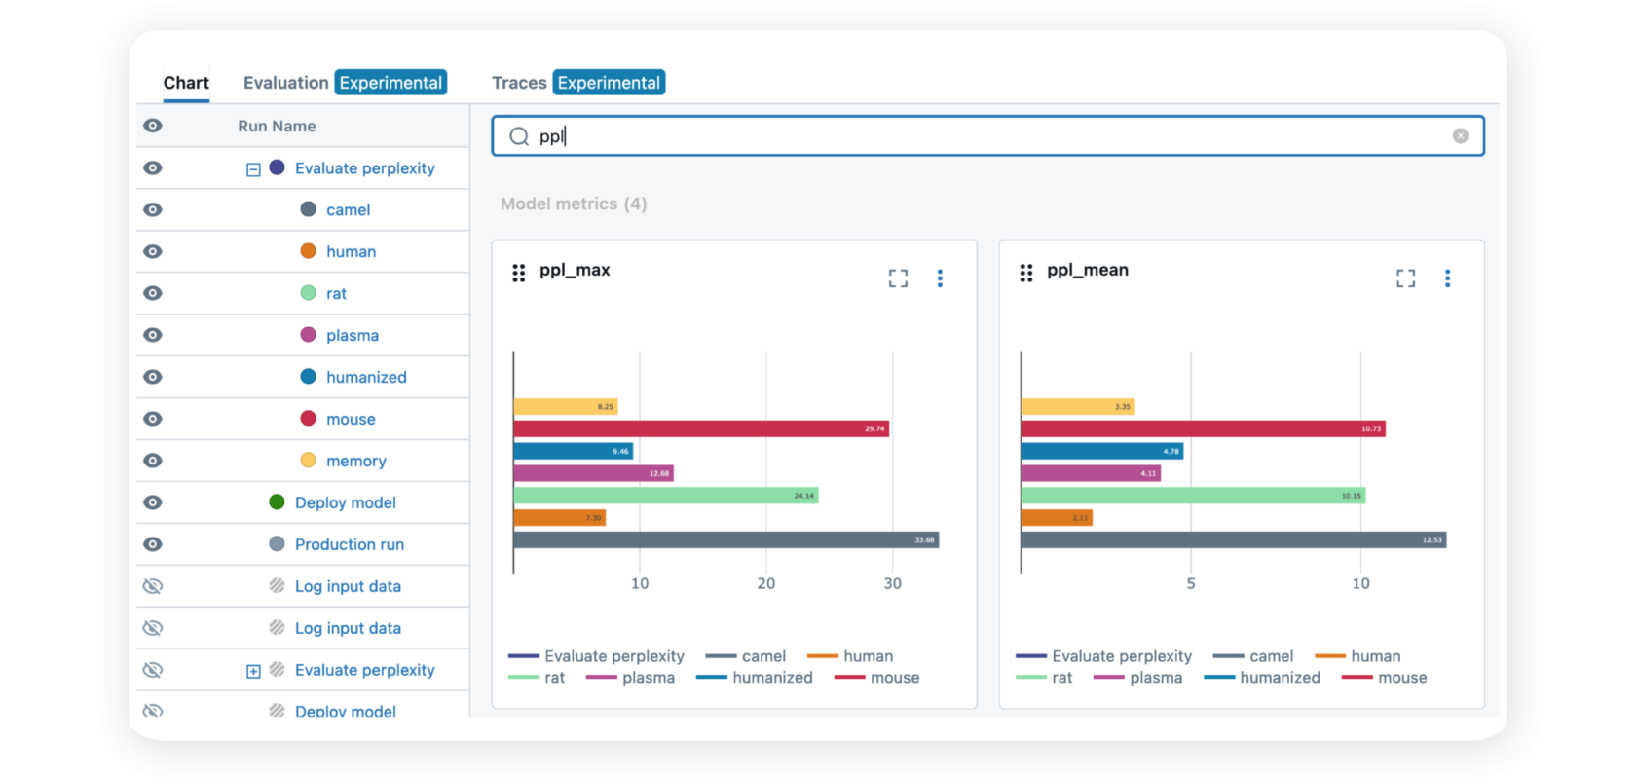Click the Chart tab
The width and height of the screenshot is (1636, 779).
pyautogui.click(x=186, y=83)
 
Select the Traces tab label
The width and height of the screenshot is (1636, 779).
pyautogui.click(x=519, y=83)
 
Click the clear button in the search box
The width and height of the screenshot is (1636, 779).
pyautogui.click(x=1460, y=136)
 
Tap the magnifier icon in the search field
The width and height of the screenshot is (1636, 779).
pyautogui.click(x=519, y=136)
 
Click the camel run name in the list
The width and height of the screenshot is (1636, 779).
pyautogui.click(x=348, y=210)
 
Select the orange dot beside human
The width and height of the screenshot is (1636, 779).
pyautogui.click(x=308, y=251)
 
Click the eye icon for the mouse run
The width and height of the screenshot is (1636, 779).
pyautogui.click(x=153, y=419)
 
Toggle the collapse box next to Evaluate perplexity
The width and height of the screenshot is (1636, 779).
pyautogui.click(x=253, y=169)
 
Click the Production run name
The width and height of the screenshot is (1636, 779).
pyautogui.click(x=349, y=544)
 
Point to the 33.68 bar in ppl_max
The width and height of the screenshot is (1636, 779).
pyautogui.click(x=725, y=539)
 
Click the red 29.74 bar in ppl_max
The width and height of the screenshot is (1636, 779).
pyautogui.click(x=701, y=428)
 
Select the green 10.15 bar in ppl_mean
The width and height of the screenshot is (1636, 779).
pyautogui.click(x=1193, y=496)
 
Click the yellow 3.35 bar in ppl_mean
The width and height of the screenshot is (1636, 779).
pyautogui.click(x=1077, y=406)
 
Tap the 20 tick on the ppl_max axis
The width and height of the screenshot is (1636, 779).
pyautogui.click(x=766, y=583)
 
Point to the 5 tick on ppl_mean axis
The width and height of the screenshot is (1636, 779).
pyautogui.click(x=1190, y=583)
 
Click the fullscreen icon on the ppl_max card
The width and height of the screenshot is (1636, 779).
pyautogui.click(x=898, y=278)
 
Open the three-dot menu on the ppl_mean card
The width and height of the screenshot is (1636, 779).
pyautogui.click(x=1447, y=278)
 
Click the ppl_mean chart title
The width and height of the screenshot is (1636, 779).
pyautogui.click(x=1087, y=270)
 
